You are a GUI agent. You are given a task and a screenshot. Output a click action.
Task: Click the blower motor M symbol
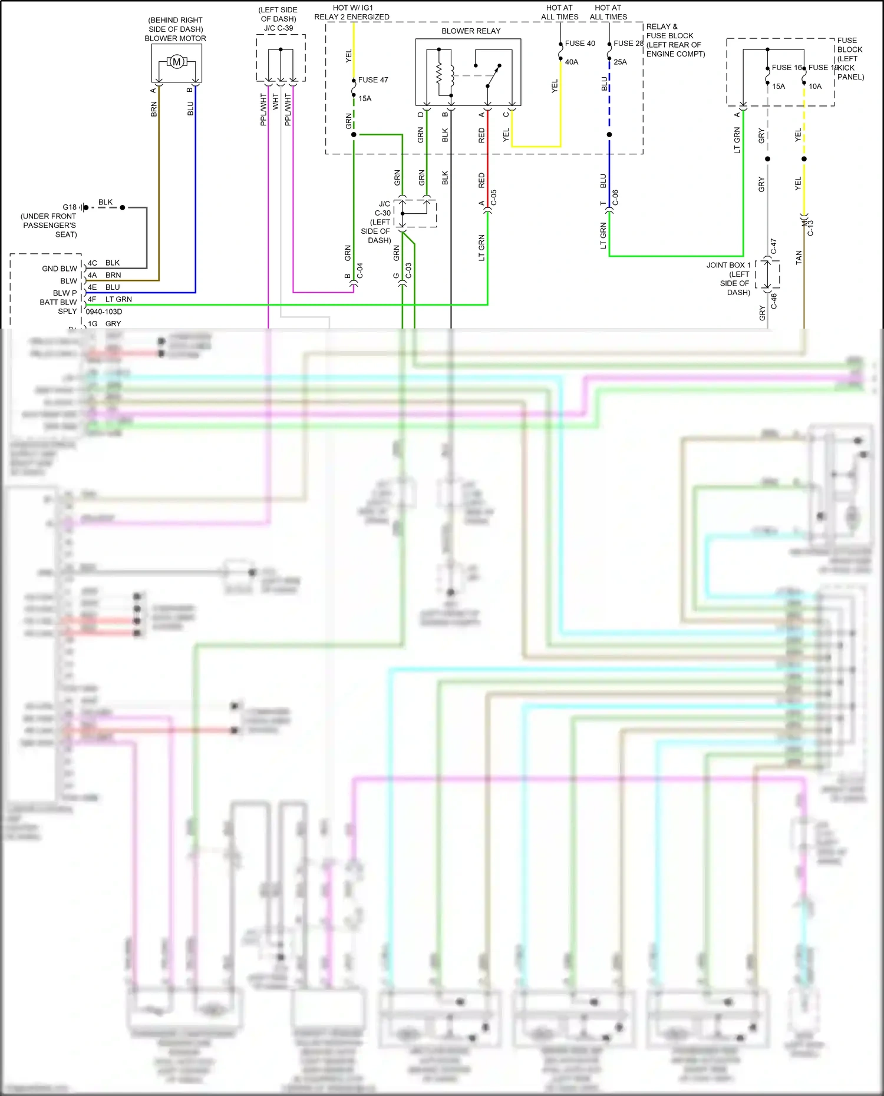pyautogui.click(x=176, y=62)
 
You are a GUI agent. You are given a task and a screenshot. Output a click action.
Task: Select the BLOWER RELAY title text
pyautogui.click(x=471, y=31)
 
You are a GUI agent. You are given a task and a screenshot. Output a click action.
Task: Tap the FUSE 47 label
pyautogui.click(x=373, y=80)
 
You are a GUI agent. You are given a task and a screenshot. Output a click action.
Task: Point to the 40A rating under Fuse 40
pyautogui.click(x=572, y=62)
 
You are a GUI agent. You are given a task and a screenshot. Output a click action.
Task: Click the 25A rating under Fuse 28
pyautogui.click(x=620, y=62)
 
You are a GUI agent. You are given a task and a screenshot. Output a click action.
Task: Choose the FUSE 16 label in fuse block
pyautogui.click(x=786, y=68)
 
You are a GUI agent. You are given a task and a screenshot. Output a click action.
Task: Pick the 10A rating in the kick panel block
pyautogui.click(x=815, y=87)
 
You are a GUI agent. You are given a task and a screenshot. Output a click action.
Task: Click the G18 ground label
pyautogui.click(x=70, y=207)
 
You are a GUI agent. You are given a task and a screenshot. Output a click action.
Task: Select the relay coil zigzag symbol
pyautogui.click(x=439, y=74)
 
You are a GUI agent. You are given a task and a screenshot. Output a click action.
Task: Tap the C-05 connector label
pyautogui.click(x=494, y=198)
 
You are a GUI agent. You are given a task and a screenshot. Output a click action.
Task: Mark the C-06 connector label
pyautogui.click(x=616, y=198)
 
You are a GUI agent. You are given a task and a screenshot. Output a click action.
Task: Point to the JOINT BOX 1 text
pyautogui.click(x=728, y=265)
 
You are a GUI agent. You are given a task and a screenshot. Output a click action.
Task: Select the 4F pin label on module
pyautogui.click(x=92, y=299)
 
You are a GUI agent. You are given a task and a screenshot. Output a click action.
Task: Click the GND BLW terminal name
pyautogui.click(x=60, y=269)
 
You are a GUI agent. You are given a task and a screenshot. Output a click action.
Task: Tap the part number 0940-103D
pyautogui.click(x=104, y=312)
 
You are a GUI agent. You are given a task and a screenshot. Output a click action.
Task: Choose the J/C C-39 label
pyautogui.click(x=278, y=28)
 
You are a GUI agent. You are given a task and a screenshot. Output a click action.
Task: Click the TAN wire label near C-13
pyautogui.click(x=799, y=257)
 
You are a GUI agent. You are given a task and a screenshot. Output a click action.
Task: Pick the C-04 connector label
pyautogui.click(x=360, y=271)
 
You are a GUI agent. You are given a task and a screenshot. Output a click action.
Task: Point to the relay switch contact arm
pyautogui.click(x=494, y=75)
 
